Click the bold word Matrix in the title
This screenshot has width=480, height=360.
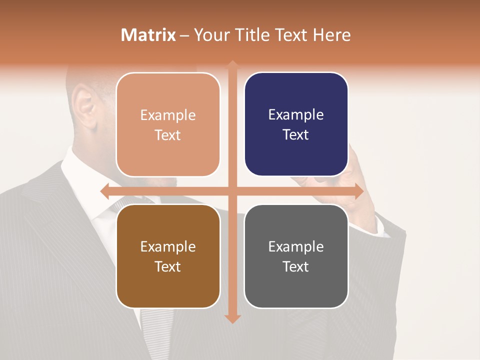click(148, 35)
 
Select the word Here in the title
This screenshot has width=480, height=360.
click(331, 35)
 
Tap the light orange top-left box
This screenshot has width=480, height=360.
click(168, 124)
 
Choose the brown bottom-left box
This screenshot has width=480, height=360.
click(168, 256)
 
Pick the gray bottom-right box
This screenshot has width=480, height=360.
click(296, 256)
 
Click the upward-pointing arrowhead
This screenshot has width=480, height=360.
click(232, 65)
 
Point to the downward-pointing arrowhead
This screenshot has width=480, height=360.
click(232, 318)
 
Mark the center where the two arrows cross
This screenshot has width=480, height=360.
click(232, 191)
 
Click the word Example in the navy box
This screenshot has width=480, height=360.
click(296, 114)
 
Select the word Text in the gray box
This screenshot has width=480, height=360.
click(296, 266)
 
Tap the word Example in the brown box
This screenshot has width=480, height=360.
click(168, 246)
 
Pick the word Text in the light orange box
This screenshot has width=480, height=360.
click(168, 135)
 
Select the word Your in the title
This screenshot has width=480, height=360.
click(210, 35)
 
